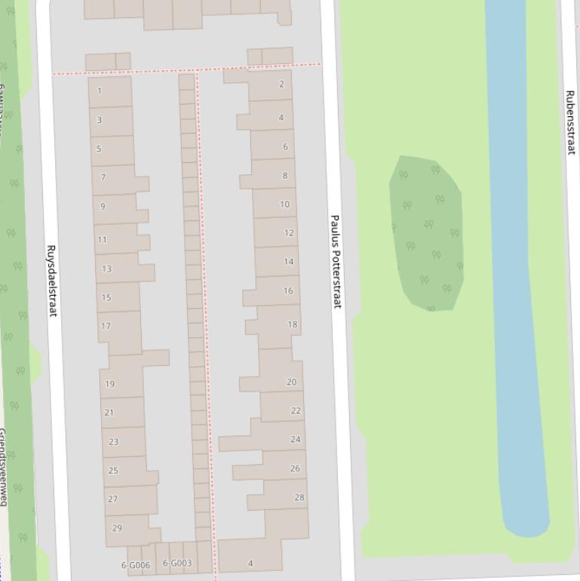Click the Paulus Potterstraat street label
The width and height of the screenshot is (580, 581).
336,261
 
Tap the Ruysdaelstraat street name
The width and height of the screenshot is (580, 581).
52,281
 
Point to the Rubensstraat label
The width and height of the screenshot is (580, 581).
570,122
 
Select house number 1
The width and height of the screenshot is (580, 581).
100,91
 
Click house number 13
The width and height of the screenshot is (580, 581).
106,269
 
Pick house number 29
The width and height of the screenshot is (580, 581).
117,528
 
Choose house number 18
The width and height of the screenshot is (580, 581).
293,324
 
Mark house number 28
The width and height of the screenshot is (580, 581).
299,497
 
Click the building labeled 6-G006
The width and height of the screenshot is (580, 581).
136,564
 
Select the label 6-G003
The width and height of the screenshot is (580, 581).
177,563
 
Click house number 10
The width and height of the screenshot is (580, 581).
284,204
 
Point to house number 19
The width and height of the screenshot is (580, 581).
109,384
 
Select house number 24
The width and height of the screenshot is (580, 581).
295,439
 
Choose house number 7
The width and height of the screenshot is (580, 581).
103,177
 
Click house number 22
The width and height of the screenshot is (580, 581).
296,410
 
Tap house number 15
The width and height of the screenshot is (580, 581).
106,297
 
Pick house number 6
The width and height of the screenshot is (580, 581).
285,147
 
